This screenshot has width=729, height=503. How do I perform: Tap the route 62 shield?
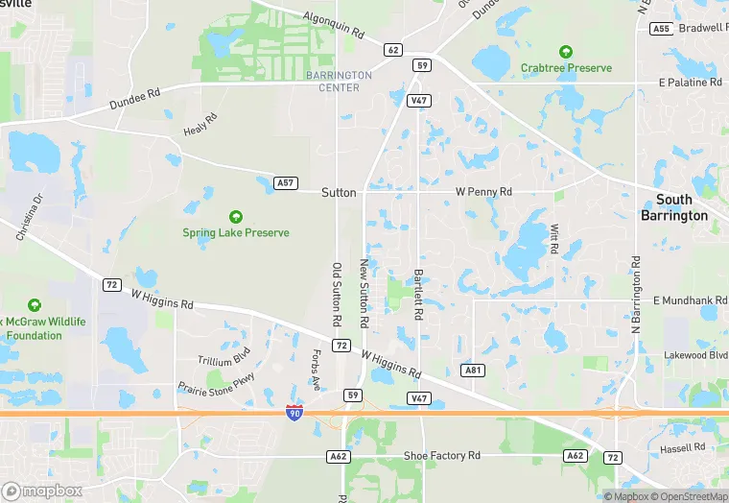392,49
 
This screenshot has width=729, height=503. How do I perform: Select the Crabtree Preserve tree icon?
566,52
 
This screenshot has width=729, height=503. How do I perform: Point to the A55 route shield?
660,29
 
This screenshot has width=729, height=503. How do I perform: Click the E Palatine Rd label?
691,83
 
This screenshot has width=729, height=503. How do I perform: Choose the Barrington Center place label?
339,82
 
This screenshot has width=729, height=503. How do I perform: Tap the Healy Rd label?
200,124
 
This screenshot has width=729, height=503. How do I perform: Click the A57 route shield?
284,182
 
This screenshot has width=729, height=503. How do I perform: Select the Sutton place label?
339,193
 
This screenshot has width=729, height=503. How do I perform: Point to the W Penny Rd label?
483,192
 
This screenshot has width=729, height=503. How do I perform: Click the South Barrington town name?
674,207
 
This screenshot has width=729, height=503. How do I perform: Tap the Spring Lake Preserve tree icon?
236,217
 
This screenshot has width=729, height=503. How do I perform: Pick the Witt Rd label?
554,238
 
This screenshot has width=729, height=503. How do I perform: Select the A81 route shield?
471,370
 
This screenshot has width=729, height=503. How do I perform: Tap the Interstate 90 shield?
295,414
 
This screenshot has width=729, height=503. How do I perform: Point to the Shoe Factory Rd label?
441,456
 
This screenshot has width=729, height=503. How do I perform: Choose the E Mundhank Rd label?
690,300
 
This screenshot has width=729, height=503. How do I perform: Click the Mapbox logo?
43,491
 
